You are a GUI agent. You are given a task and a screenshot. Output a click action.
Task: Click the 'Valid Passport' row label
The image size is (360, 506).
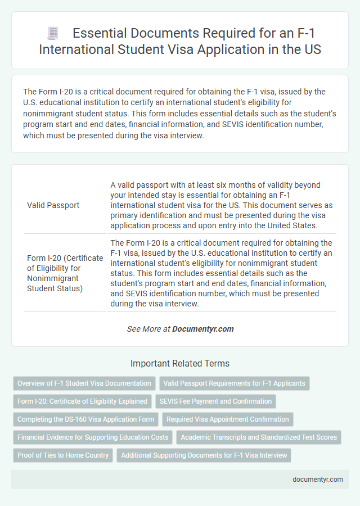53,205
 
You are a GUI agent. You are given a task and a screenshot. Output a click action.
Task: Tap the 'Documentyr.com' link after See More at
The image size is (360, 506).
202,329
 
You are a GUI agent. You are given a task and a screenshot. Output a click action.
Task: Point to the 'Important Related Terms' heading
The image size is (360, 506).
180,363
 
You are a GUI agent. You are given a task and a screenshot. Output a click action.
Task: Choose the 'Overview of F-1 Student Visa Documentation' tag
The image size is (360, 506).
84,383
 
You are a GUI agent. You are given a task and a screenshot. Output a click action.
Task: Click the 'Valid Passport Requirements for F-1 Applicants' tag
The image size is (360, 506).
235,383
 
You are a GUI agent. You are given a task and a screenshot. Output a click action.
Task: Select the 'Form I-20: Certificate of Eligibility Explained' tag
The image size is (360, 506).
82,401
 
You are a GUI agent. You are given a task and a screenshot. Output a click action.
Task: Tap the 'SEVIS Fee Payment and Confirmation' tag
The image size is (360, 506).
215,401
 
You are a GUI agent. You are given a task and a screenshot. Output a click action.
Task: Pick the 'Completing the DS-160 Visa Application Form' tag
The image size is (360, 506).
85,419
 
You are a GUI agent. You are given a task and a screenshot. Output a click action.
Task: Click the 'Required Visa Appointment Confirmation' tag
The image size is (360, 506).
228,419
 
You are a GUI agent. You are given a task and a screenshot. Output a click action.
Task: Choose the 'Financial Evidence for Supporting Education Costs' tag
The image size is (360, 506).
93,437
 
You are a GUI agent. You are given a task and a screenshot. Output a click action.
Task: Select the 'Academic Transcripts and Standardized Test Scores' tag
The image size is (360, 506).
259,437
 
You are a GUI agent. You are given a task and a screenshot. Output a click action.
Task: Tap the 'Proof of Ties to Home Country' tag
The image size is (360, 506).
63,455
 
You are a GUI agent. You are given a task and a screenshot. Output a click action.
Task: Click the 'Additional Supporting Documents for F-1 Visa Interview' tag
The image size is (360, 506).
204,455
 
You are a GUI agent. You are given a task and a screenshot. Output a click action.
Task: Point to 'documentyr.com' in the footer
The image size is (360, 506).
318,480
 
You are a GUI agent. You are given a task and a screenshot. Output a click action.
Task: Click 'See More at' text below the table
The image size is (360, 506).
148,329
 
